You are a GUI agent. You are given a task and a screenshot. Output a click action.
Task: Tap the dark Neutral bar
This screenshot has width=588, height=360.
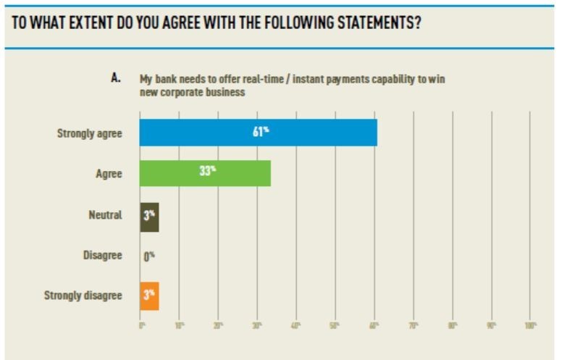149,215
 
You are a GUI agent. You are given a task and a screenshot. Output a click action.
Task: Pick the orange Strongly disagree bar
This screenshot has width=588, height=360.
149,296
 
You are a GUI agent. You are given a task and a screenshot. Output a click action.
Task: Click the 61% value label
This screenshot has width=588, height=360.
261,130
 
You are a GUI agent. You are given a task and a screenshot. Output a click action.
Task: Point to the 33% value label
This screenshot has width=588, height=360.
208,171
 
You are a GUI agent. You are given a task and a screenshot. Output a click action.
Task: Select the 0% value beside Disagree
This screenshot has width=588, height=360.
149,256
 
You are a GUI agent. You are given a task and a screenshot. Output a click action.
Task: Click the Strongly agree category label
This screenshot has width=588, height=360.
89,133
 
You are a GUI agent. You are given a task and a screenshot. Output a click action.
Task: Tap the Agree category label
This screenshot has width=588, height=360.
109,174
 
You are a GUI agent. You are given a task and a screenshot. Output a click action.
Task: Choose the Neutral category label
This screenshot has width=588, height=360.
106,215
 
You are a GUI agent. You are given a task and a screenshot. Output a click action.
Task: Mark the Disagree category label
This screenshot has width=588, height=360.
102,255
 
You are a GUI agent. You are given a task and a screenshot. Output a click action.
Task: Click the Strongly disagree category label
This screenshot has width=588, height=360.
83,296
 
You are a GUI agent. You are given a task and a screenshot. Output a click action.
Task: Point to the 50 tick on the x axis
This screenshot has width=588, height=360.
335,326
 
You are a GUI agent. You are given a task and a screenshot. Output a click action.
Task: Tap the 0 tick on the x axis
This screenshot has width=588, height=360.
142,326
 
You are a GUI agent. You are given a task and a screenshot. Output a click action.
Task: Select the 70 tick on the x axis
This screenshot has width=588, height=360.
413,326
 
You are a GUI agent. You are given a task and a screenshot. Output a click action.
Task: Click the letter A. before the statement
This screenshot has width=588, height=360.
115,78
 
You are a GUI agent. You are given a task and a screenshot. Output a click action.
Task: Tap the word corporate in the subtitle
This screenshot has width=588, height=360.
184,93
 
